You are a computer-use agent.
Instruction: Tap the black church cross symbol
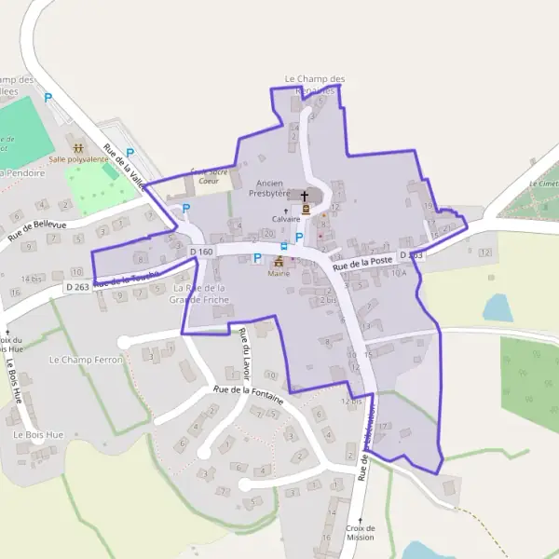pos(304,197)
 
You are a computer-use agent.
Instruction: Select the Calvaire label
pos(286,219)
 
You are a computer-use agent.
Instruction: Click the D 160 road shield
pos(201,252)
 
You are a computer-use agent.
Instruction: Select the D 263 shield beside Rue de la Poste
pos(411,254)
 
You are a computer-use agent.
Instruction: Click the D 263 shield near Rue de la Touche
pos(77,287)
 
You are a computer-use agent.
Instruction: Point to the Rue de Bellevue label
pos(37,231)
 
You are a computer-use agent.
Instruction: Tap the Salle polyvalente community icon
pos(78,147)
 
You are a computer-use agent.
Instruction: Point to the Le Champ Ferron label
pos(86,359)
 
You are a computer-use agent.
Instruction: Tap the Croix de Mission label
pos(360,532)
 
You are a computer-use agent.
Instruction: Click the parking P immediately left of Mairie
pos(257,258)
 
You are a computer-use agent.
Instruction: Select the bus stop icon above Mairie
pos(284,246)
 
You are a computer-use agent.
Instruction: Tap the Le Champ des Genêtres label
pos(315,84)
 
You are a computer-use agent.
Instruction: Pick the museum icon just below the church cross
pos(304,211)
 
